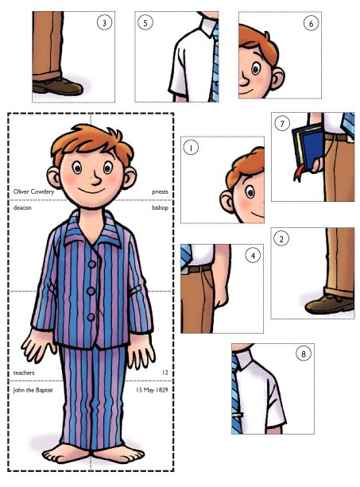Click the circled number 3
[x=104, y=23]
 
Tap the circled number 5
[x=145, y=22]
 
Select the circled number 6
[x=311, y=23]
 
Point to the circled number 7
[x=282, y=124]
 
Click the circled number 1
[x=191, y=148]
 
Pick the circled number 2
[x=281, y=239]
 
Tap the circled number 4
[x=253, y=256]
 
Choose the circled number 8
[x=304, y=354]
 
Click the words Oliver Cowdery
[x=33, y=191]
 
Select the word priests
[x=160, y=192]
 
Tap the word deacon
[x=22, y=207]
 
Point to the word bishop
[x=160, y=207]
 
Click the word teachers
[x=24, y=373]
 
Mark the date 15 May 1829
[x=152, y=390]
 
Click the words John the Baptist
[x=33, y=390]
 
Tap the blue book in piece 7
[x=308, y=147]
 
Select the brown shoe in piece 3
[x=57, y=86]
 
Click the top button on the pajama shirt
[x=92, y=265]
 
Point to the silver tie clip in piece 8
[x=238, y=414]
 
